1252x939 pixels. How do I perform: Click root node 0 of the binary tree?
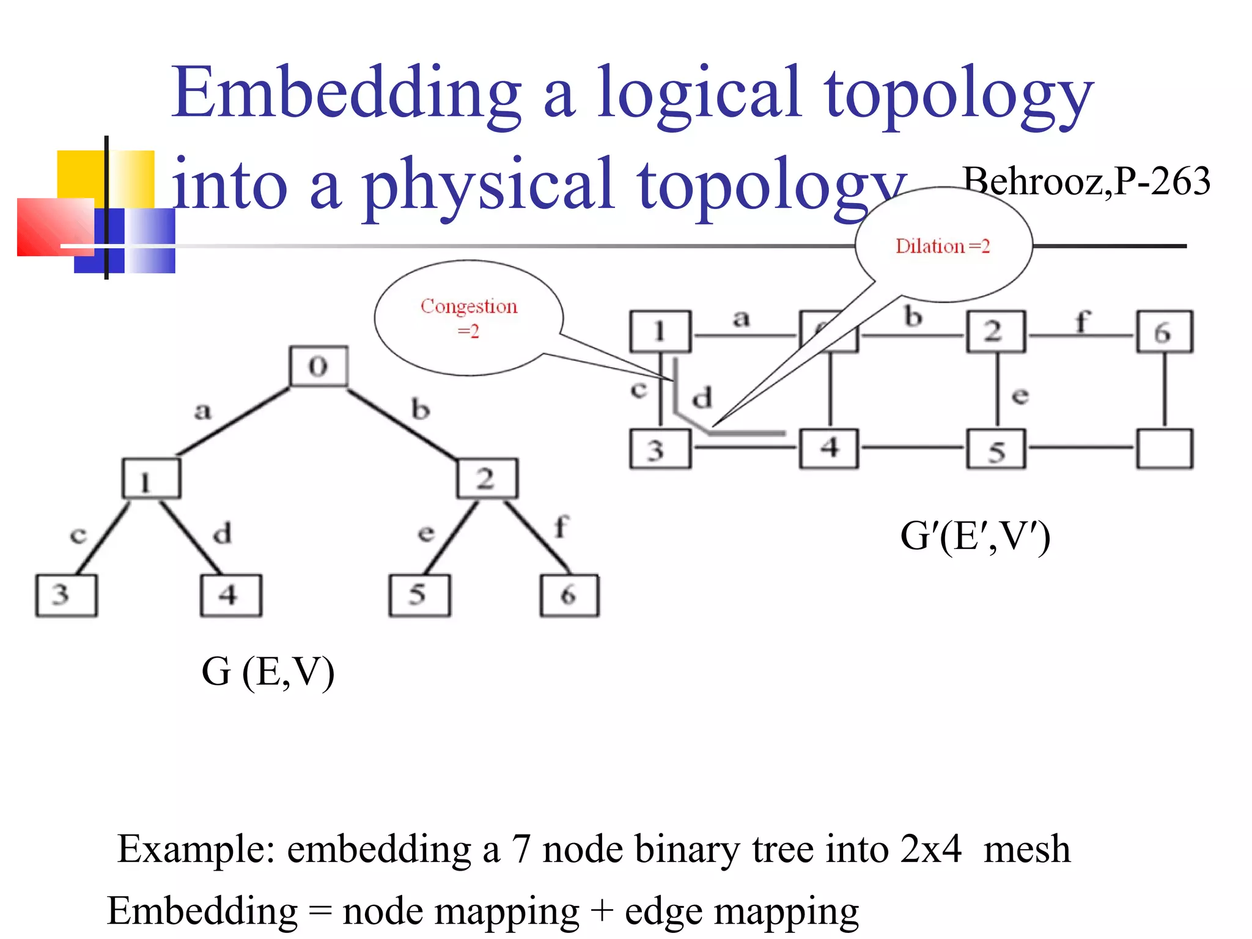point(319,366)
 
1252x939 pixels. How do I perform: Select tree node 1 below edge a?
point(151,478)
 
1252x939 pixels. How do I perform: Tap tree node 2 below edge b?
point(487,478)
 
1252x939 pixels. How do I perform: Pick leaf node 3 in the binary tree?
point(66,595)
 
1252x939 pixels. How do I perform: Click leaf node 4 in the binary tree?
point(230,595)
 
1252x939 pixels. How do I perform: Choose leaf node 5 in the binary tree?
point(419,595)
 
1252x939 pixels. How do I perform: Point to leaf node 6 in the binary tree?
point(569,595)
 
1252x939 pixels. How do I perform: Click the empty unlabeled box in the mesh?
point(1164,449)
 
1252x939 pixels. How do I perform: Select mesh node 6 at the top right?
point(1164,332)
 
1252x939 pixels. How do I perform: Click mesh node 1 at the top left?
point(660,332)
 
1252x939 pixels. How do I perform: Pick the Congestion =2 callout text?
point(469,317)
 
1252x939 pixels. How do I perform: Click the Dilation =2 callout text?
point(943,246)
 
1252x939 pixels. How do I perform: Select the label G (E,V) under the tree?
point(268,672)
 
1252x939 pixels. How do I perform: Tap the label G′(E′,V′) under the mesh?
point(975,537)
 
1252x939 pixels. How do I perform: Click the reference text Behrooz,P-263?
point(1086,182)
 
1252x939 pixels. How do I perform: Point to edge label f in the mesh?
point(1082,320)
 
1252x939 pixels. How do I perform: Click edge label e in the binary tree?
point(425,533)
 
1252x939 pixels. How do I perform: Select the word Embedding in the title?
point(346,94)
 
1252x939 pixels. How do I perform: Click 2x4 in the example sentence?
point(930,849)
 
